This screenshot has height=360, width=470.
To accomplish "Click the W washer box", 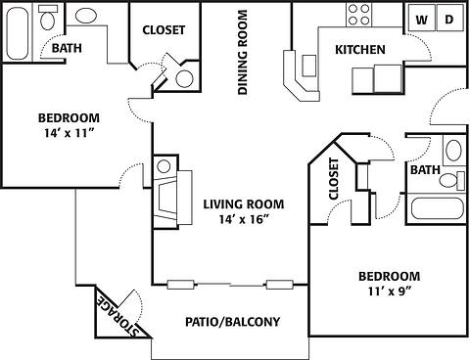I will [422, 19].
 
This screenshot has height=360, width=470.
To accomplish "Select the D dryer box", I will [449, 19].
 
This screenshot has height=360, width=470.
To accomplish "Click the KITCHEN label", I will [359, 50].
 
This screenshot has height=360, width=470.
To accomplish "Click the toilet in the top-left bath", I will [85, 16].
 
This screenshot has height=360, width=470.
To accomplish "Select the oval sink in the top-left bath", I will [47, 17].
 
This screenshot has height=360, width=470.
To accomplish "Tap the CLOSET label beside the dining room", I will [164, 30].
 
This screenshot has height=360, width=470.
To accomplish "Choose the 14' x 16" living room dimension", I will [243, 221].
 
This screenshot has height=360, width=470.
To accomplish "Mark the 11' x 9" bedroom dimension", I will [388, 292].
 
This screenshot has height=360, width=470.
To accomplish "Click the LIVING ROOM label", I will [243, 204].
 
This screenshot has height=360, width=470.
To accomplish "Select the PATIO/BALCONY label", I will [233, 321].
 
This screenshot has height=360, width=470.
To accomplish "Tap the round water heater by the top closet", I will [183, 79].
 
